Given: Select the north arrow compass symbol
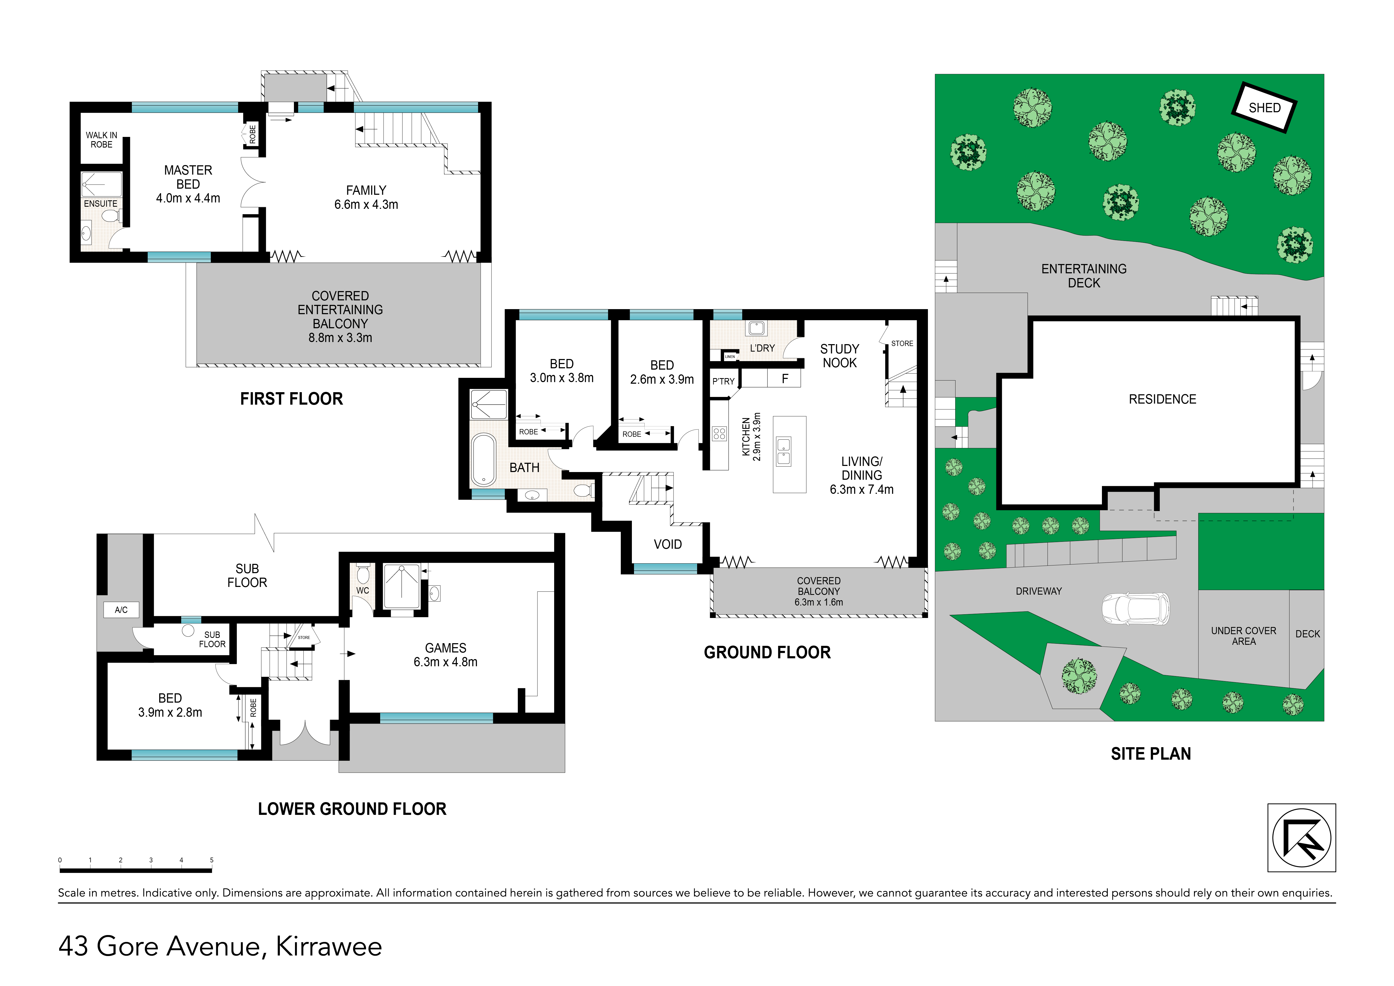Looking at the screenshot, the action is click(1302, 838).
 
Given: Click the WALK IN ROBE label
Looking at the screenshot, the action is click(101, 140).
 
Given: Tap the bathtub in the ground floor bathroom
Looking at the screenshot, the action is click(484, 460).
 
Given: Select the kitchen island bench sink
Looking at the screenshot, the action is click(784, 451).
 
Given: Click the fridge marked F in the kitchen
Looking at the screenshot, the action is click(784, 378).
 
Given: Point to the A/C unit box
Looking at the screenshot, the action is click(121, 609).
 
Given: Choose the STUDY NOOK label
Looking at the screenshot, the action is click(840, 356).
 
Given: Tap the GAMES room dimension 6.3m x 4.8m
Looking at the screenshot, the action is click(446, 662).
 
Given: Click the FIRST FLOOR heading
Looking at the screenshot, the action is click(292, 399).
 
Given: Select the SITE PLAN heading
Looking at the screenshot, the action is click(1150, 754).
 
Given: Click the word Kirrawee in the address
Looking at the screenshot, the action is click(329, 946).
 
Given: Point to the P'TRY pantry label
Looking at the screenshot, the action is click(723, 381).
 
